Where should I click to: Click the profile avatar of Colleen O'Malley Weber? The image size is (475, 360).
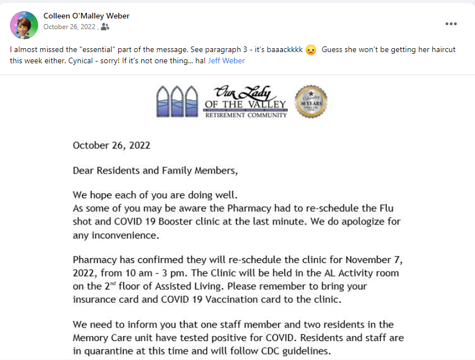(x=24, y=25)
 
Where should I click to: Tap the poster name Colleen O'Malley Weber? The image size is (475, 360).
(x=86, y=16)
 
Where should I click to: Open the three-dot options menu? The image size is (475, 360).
(x=451, y=24)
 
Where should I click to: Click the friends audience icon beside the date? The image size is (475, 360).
(x=105, y=26)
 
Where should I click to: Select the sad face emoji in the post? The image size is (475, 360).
(x=311, y=50)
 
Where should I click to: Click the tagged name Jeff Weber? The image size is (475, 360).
(x=226, y=60)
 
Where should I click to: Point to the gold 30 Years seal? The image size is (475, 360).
(x=311, y=101)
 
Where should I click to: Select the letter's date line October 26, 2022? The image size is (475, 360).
(x=111, y=145)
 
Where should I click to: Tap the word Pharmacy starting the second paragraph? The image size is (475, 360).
(x=94, y=260)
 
